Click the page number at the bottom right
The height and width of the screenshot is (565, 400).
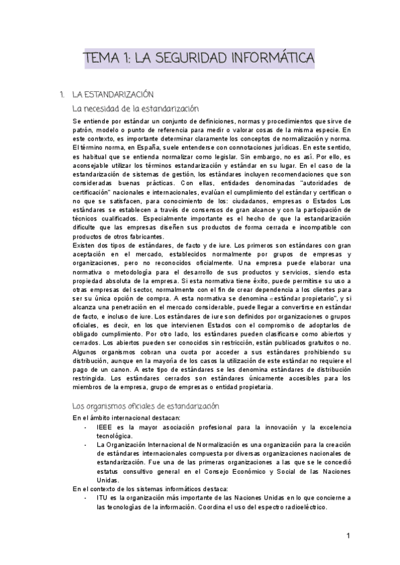click(x=348, y=535)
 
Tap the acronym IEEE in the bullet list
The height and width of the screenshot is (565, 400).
click(x=105, y=426)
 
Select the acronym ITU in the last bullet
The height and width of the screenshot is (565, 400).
click(x=103, y=497)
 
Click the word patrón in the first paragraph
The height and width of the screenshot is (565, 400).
click(x=84, y=130)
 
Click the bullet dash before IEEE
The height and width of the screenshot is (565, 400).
click(x=86, y=426)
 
